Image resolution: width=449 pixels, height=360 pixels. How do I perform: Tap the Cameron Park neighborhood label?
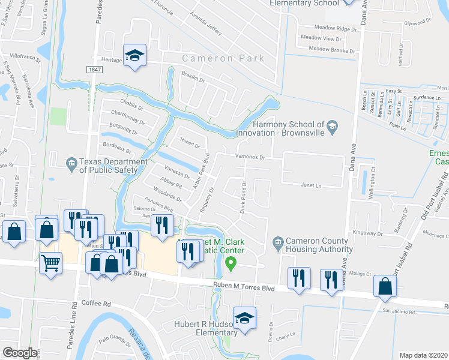click(223, 59)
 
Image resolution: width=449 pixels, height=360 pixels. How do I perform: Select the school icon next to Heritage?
click(135, 56)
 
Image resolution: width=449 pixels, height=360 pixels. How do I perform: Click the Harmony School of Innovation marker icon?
click(333, 126)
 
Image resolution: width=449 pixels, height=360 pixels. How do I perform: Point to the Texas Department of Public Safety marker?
click(71, 162)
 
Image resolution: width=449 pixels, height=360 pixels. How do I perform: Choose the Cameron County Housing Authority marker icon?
click(278, 242)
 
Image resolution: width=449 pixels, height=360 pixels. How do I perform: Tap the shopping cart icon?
click(50, 262)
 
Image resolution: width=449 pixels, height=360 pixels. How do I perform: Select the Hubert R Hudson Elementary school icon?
click(244, 318)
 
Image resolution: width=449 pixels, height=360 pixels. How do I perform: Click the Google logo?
click(20, 353)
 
